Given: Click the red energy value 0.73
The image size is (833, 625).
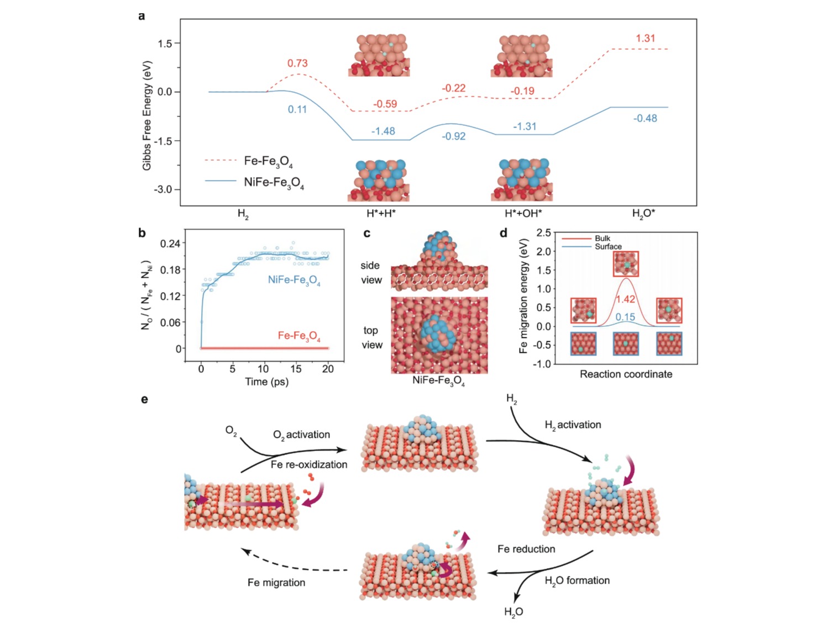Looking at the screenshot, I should (297, 63).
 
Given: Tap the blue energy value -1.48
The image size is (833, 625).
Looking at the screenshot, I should (383, 131).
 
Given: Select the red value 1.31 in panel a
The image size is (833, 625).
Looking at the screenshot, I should (645, 39).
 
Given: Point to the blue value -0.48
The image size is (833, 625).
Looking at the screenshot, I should (645, 118).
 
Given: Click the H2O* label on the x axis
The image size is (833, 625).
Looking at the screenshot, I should (644, 214).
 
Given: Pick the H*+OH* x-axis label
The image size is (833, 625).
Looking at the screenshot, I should (523, 214).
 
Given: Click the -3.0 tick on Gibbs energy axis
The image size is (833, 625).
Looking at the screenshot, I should (163, 189).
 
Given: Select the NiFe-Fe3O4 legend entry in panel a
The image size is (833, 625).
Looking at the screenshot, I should (274, 182).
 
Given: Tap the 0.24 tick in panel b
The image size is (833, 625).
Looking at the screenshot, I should (170, 243).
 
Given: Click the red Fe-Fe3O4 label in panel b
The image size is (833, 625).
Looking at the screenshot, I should (299, 336).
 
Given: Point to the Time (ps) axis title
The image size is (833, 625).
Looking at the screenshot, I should (266, 382).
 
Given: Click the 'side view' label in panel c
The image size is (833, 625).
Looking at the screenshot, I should (371, 273).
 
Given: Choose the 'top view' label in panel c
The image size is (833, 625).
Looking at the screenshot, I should (371, 337).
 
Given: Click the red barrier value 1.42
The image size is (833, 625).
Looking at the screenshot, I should (625, 299).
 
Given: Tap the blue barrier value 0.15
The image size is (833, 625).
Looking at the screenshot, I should (625, 317).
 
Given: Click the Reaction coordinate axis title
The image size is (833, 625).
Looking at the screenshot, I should (626, 374).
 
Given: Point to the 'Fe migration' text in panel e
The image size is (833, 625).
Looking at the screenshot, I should (276, 582).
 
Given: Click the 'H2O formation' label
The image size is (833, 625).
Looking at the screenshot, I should (577, 581).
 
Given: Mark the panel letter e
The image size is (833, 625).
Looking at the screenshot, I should (144, 399).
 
